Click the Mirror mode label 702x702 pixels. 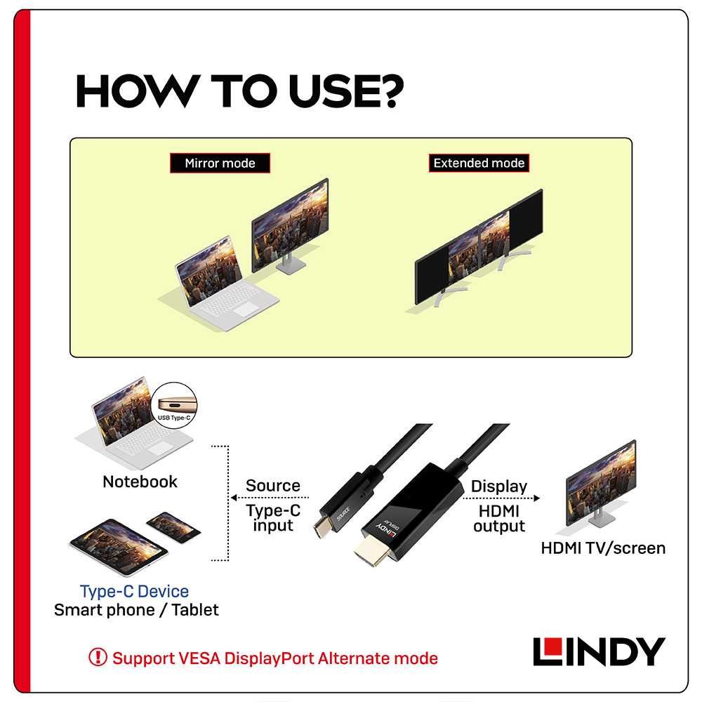point(220,163)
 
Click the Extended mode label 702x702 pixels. point(479,163)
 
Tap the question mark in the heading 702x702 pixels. point(391,91)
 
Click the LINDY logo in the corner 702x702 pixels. point(599,651)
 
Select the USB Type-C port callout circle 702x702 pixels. point(174,405)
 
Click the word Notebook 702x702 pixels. point(140,482)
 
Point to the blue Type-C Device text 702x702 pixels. point(134,591)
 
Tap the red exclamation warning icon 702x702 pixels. point(98,657)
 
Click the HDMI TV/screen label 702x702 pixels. point(603,548)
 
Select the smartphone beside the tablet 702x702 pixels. point(173,527)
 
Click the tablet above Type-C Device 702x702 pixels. point(118,547)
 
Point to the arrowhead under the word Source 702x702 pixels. point(234,498)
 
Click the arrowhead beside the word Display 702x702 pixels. point(537,498)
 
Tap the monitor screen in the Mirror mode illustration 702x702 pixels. point(290,225)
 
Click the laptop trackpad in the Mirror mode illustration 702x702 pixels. point(246,309)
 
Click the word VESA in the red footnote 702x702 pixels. point(199,658)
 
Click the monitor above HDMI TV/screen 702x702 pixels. point(601,484)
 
